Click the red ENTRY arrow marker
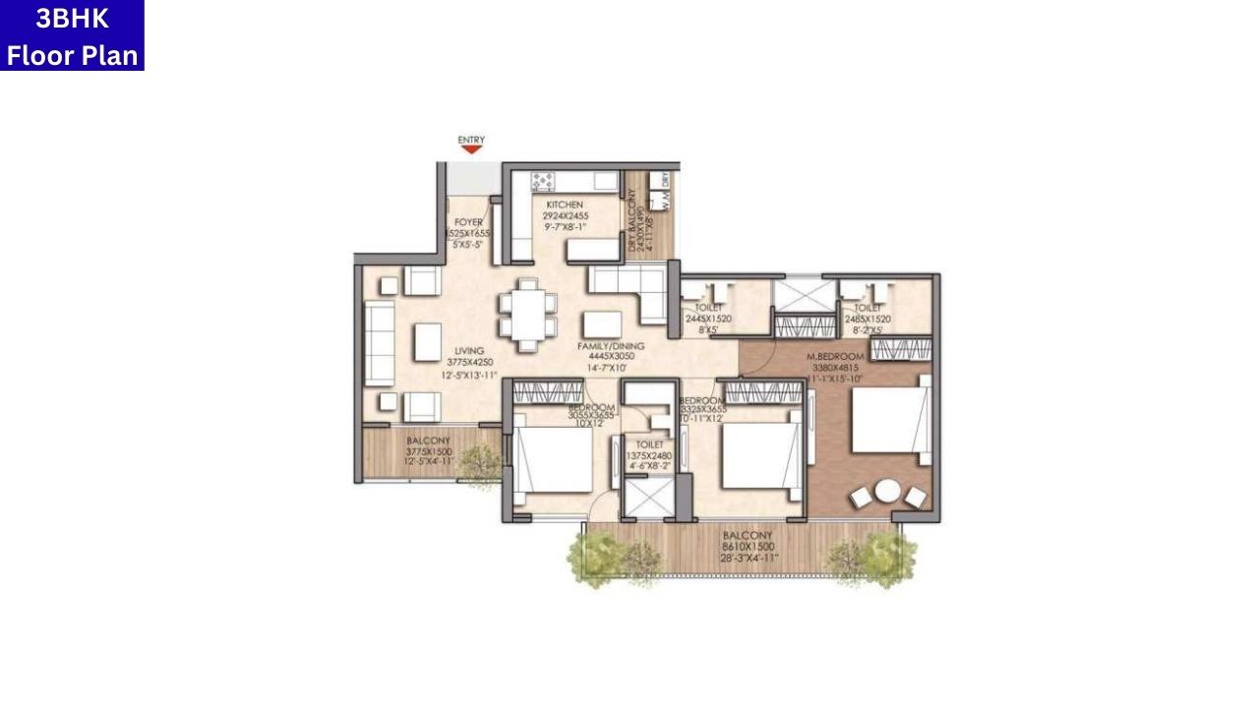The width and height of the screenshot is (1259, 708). pos(471,150)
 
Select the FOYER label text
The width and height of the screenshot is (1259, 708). pos(468,222)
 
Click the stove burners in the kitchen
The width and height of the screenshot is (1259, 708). pos(543,181)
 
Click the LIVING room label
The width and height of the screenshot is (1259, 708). pos(470,350)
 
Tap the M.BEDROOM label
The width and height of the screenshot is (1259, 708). pos(835,356)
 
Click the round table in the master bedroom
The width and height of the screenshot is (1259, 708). pos(887,490)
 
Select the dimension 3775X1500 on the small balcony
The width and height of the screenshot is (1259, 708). pos(429,451)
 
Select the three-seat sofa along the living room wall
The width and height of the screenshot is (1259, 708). pos(379,343)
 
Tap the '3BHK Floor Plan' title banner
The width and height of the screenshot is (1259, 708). pos(72,35)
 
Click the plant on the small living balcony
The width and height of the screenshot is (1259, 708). pos(479,459)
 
